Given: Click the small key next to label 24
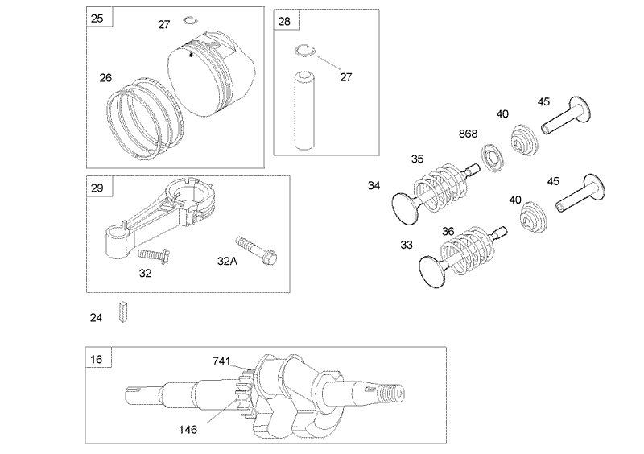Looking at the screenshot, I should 124,312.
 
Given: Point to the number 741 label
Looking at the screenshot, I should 222,361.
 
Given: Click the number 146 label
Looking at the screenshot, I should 188,429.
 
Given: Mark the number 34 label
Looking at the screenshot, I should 374,185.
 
